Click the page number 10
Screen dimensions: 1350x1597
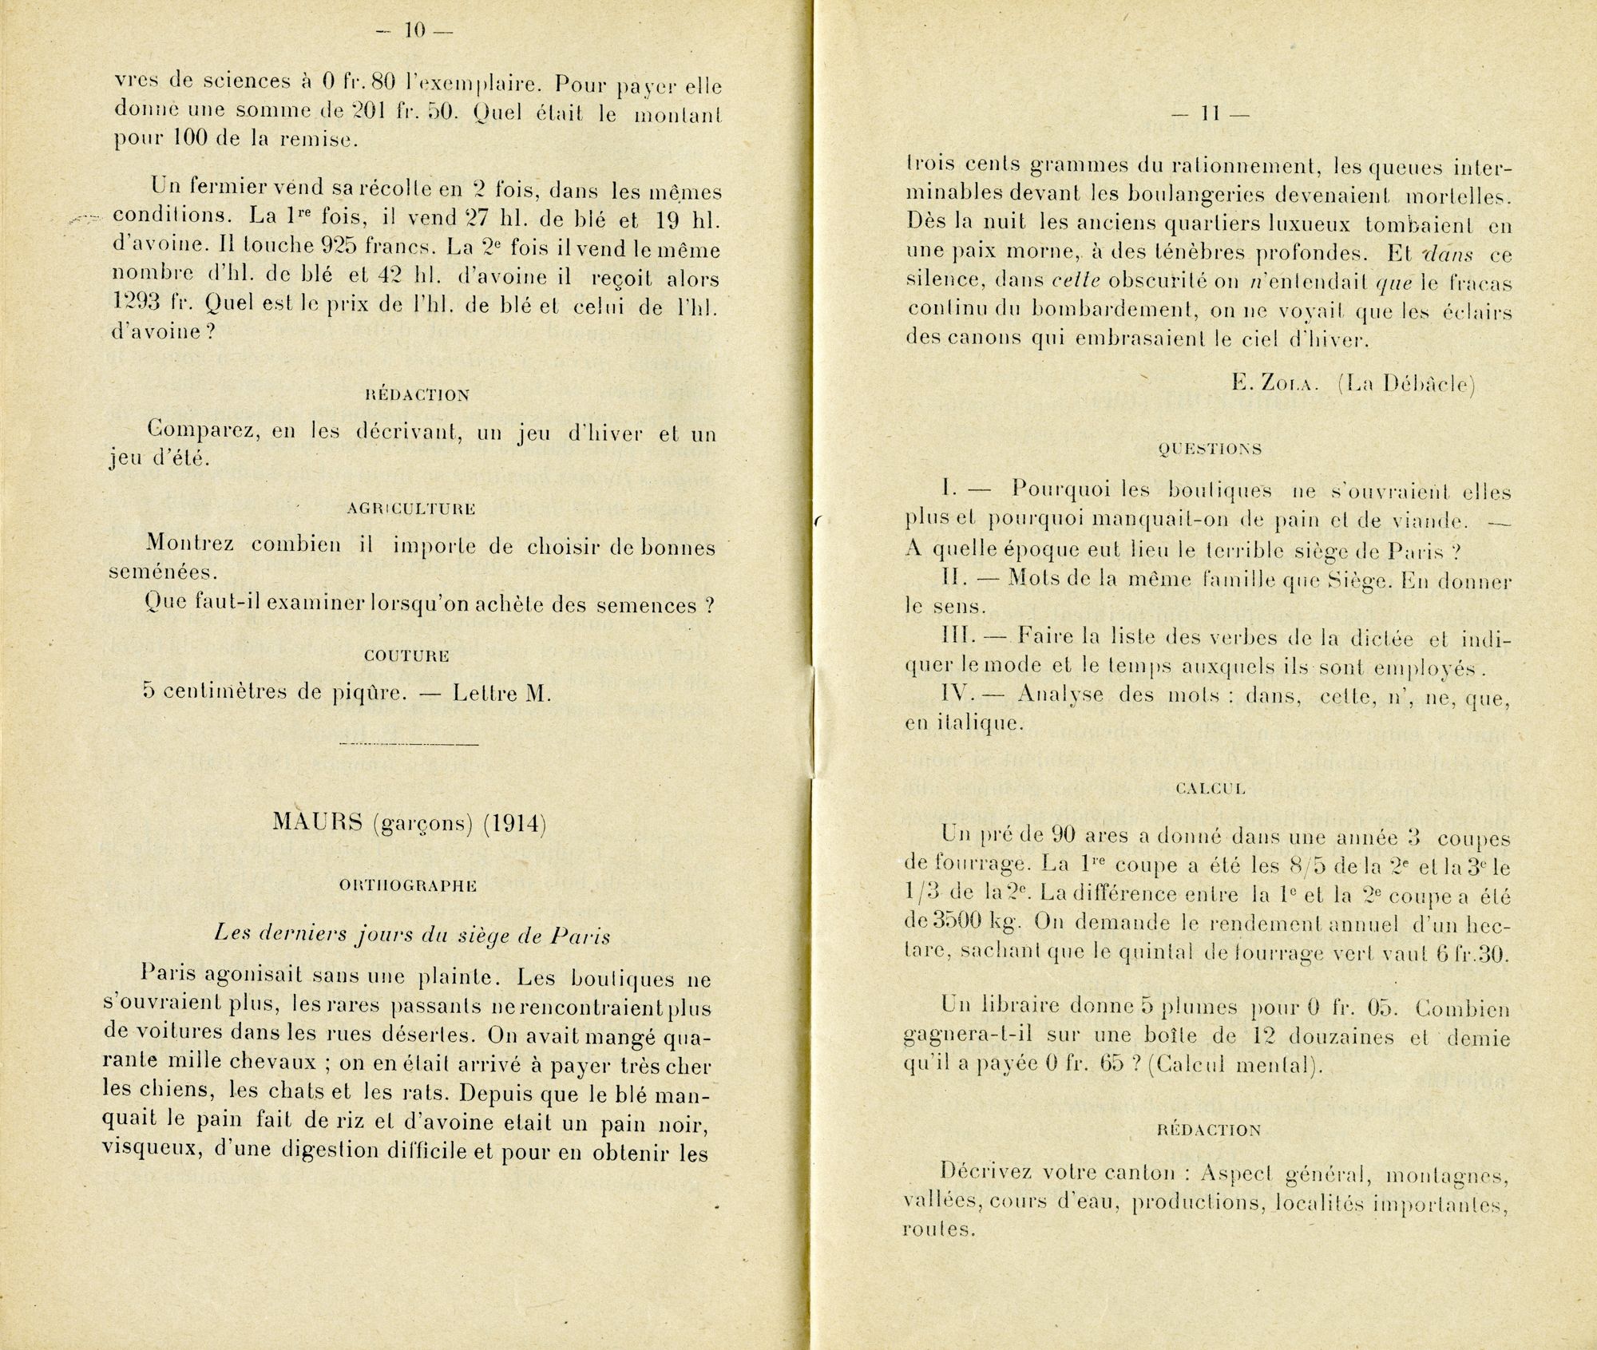point(415,31)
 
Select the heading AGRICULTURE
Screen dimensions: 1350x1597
point(411,509)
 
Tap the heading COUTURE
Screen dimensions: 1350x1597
point(406,655)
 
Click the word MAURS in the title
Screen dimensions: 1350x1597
point(317,824)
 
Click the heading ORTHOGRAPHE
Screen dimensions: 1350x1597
point(409,885)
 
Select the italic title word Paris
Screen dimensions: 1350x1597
point(581,936)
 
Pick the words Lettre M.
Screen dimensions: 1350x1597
point(501,693)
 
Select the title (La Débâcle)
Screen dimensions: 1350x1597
point(1405,384)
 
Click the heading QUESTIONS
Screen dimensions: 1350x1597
point(1209,449)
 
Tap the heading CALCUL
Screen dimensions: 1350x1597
point(1211,789)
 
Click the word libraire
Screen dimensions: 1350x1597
point(1012,1008)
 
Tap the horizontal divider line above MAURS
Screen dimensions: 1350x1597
point(409,745)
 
